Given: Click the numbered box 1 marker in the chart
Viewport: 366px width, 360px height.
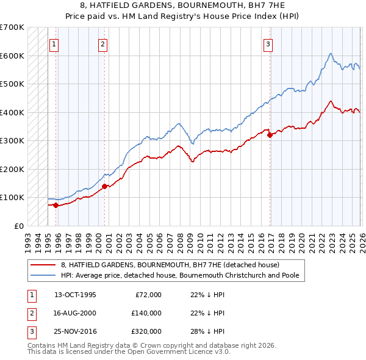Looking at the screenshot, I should point(54,43).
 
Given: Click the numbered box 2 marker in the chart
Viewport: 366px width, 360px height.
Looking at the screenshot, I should point(103,43).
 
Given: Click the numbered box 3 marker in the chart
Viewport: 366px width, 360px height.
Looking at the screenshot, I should point(268,43).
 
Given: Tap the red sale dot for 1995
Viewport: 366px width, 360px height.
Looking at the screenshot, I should point(56,205).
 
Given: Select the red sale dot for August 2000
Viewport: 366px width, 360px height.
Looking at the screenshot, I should point(104,186).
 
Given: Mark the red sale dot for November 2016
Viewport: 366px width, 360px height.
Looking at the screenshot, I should point(269,135).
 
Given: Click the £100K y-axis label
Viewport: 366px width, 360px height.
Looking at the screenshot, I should point(12,197).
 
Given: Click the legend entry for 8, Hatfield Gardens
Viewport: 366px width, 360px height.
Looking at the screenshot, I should point(170,265).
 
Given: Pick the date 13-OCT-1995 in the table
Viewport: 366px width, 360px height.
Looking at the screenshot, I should point(75,295).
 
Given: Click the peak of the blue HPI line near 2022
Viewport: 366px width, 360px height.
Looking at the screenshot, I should point(329,54).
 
